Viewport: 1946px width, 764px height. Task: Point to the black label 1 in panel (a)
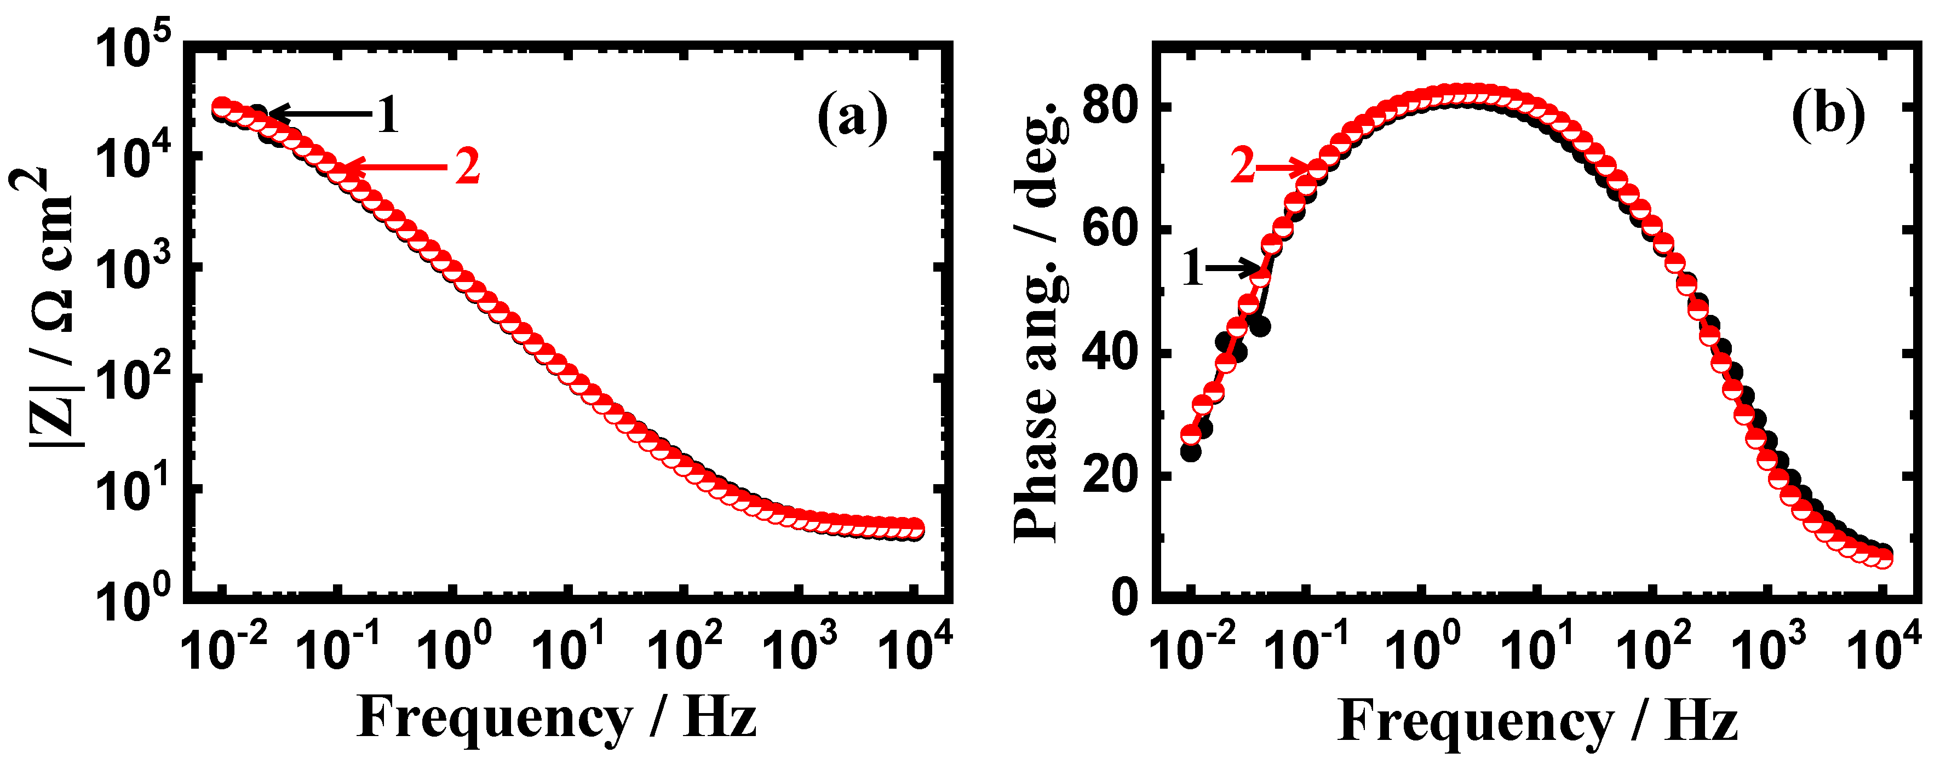(x=388, y=116)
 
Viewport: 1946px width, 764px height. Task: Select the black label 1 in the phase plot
(x=1192, y=269)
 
